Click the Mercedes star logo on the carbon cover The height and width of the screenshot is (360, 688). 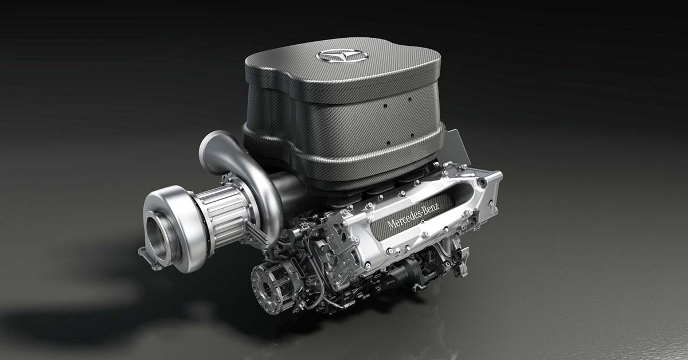click(x=342, y=56)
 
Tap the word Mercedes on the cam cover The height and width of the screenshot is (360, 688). click(x=403, y=218)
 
